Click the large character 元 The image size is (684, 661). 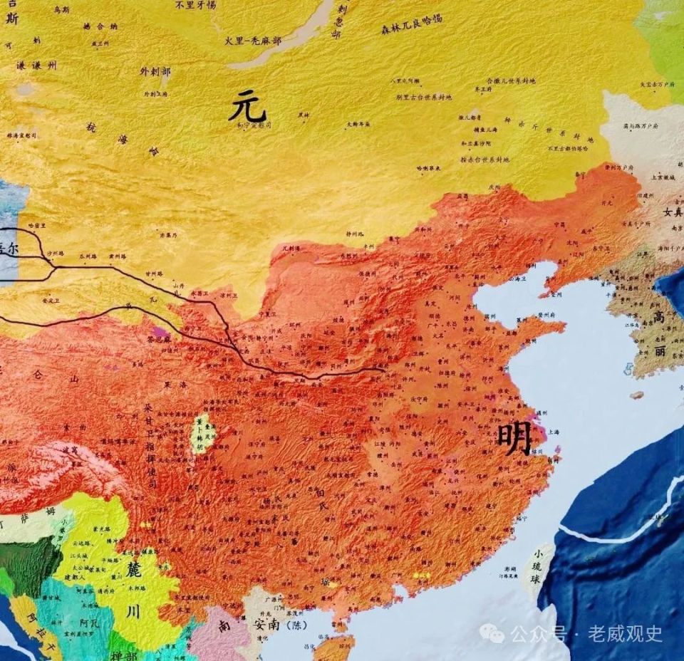pyautogui.click(x=247, y=107)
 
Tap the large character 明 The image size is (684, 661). pyautogui.click(x=514, y=439)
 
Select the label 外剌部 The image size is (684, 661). pyautogui.click(x=155, y=72)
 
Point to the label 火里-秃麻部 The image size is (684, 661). pyautogui.click(x=252, y=41)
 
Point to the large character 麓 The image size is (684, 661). pyautogui.click(x=133, y=571)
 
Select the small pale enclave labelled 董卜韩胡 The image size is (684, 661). pyautogui.click(x=203, y=434)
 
